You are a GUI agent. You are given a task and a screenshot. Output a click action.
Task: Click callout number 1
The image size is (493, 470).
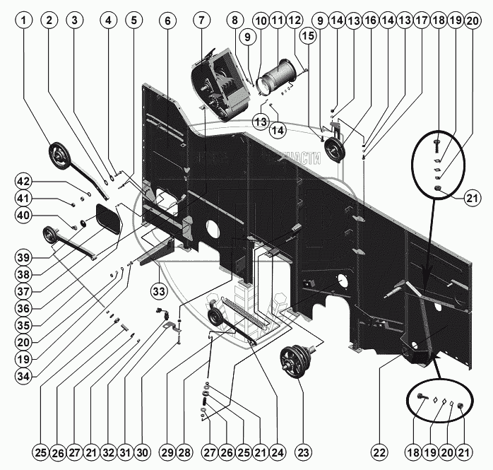[x=25, y=21]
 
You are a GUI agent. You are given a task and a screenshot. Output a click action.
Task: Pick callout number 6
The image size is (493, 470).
[x=168, y=21]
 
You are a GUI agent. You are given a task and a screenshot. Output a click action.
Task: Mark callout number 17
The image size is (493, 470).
[x=422, y=21]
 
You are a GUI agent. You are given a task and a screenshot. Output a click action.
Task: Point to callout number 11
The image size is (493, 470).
[x=276, y=21]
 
